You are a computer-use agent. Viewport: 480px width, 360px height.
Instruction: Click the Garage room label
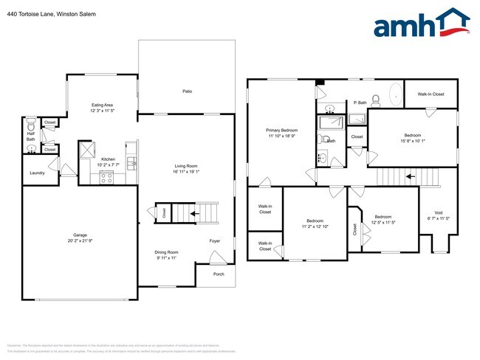(79, 235)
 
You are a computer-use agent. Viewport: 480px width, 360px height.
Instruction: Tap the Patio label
(188, 91)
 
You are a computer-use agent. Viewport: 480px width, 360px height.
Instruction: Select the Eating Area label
(102, 105)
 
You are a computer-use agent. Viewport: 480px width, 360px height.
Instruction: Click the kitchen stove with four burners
(106, 176)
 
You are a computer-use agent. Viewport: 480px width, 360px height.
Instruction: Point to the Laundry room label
(37, 173)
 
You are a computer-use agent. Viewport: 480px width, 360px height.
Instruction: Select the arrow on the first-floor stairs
(194, 214)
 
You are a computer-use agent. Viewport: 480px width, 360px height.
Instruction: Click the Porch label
(219, 274)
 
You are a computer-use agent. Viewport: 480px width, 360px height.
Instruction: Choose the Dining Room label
(166, 252)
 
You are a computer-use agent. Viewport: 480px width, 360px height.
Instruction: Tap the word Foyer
(215, 240)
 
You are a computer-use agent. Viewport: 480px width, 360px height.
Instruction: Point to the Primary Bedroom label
(281, 130)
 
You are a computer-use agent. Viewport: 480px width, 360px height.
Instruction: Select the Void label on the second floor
(439, 212)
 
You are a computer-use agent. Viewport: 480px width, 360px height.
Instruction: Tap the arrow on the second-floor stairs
(409, 177)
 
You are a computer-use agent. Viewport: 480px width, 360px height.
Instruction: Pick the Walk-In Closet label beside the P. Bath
(431, 94)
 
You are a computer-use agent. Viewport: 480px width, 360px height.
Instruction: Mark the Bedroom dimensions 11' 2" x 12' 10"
(315, 226)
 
